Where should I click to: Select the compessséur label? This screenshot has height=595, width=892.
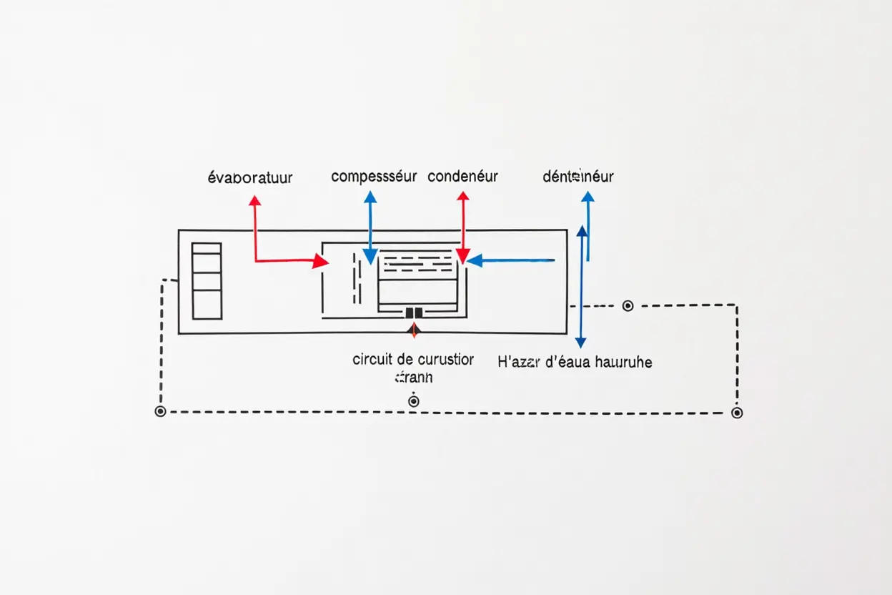click(x=373, y=176)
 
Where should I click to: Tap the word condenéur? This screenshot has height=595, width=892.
click(x=462, y=176)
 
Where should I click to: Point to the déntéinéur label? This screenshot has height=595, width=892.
click(x=578, y=176)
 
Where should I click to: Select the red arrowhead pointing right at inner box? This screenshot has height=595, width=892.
click(x=321, y=261)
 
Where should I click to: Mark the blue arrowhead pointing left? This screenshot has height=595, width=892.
click(x=474, y=261)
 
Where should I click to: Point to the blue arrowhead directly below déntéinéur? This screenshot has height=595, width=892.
click(x=588, y=197)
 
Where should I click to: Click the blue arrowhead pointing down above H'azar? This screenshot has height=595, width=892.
click(x=580, y=342)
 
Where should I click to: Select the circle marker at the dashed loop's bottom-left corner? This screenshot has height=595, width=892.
click(x=160, y=411)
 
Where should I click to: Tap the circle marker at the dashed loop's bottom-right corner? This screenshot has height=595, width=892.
click(x=737, y=413)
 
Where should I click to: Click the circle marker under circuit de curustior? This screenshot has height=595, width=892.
click(x=413, y=401)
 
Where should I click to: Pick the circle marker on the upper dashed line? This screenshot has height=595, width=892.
click(x=628, y=306)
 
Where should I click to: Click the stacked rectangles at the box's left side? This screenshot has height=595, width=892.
click(x=207, y=280)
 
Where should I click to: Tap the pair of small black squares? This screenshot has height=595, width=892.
click(x=413, y=313)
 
